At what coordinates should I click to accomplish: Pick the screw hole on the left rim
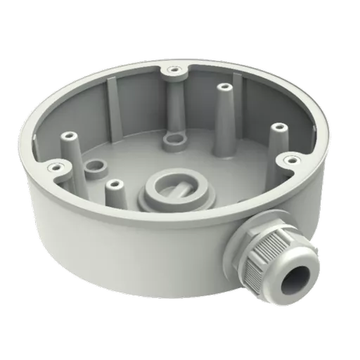point(52,167)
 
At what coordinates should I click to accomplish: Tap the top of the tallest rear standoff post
point(224,89)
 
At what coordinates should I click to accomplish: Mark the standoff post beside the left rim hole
point(70,137)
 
